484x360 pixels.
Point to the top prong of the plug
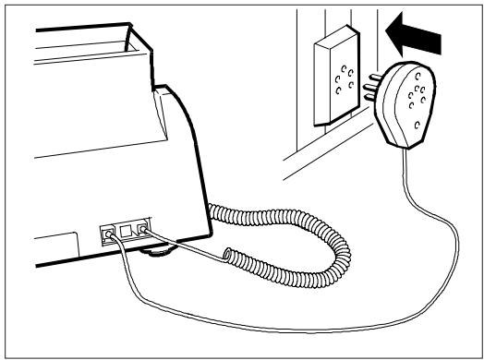point(375,82)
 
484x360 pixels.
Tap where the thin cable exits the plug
point(404,148)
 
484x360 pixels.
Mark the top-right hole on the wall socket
point(347,69)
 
